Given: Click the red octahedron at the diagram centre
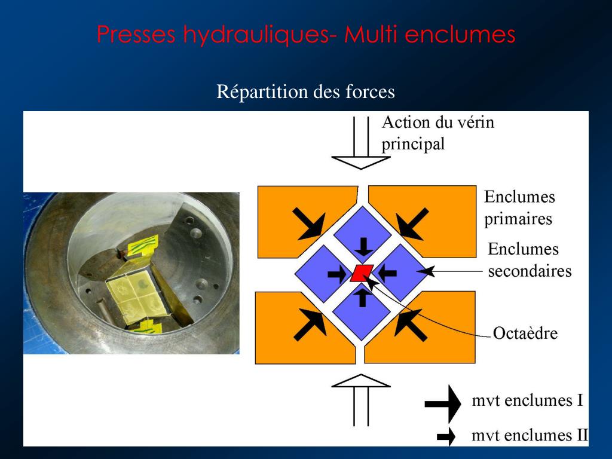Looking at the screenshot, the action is tap(362, 273).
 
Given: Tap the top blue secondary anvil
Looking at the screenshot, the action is tap(363, 235).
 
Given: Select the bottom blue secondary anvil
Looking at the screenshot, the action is tap(362, 311).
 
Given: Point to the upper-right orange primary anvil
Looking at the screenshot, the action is tap(429, 221).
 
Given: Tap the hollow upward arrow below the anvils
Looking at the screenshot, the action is tap(360, 400).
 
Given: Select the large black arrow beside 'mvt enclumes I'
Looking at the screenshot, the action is tap(443, 403).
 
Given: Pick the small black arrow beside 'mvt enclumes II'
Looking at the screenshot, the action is tap(446, 436).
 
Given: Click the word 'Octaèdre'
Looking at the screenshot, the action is tap(525, 333).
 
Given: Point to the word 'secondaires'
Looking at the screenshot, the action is tap(530, 271).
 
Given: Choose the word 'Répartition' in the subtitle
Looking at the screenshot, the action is tap(262, 92).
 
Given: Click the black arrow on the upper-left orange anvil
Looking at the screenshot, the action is tap(309, 224).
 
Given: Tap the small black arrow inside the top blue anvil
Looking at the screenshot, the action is tap(363, 246).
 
